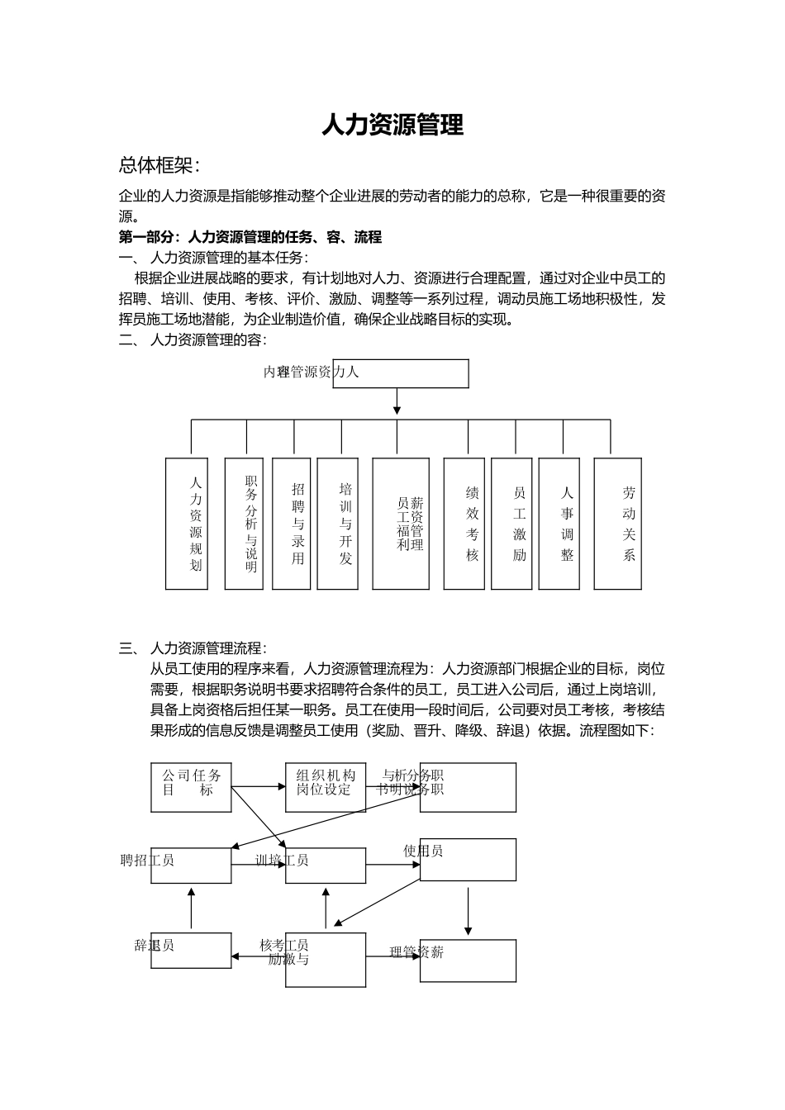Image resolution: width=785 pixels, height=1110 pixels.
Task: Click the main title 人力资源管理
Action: point(392,126)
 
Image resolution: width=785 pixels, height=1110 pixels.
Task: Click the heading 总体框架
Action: point(159,165)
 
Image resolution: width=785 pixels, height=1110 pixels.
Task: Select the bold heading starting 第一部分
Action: point(250,237)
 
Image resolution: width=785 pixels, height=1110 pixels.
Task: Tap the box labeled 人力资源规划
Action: point(187,524)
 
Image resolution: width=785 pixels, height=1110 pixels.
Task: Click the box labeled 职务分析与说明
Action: point(244,524)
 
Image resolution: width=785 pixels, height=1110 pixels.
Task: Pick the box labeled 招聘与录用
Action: point(292,524)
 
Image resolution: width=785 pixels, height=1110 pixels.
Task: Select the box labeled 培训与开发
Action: point(338,524)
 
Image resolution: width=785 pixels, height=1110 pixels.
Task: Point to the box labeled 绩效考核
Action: point(464,524)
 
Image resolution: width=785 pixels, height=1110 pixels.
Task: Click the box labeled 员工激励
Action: point(511,524)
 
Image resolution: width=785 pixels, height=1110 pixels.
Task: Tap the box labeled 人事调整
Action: point(559,524)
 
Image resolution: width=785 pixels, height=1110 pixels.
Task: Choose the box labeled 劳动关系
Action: point(618,524)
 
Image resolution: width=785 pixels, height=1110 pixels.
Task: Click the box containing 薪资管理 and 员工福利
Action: point(401,524)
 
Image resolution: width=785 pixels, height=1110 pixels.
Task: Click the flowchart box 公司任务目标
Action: point(191,787)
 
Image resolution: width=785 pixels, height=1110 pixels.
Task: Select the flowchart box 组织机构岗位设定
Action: point(326,787)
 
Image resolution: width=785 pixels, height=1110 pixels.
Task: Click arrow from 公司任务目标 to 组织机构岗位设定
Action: point(258,787)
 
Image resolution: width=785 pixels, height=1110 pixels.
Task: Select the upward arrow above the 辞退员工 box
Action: point(191,908)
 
